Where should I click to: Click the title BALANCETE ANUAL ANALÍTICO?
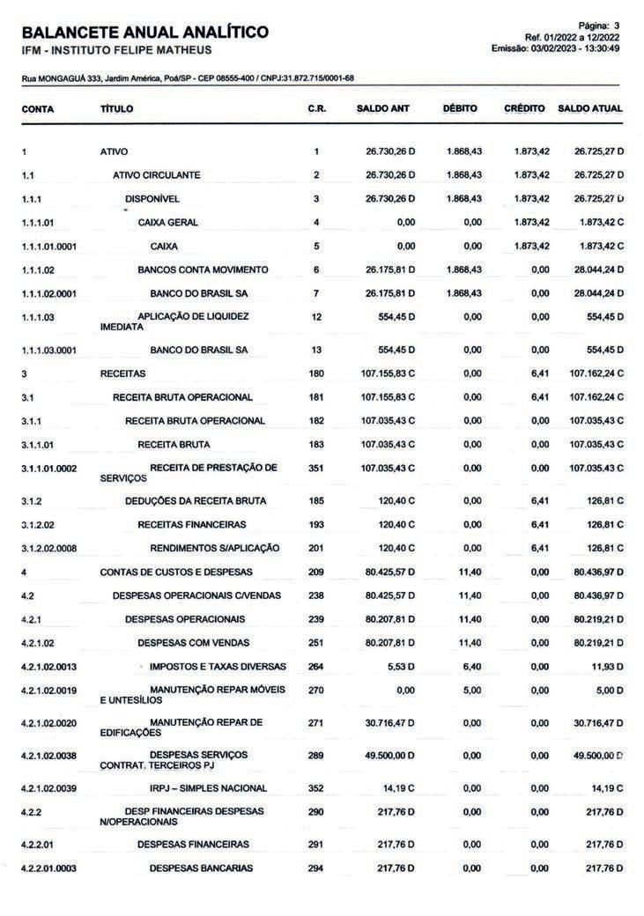pyautogui.click(x=145, y=33)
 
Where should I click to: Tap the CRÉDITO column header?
pyautogui.click(x=526, y=109)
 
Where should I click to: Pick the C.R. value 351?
pyautogui.click(x=315, y=468)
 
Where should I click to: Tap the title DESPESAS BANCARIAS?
pyautogui.click(x=201, y=868)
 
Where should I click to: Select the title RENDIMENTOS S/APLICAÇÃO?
pyautogui.click(x=214, y=548)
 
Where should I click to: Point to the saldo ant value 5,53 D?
pyautogui.click(x=400, y=667)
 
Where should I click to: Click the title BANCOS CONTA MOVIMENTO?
pyautogui.click(x=203, y=270)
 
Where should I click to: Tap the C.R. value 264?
pyautogui.click(x=315, y=667)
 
